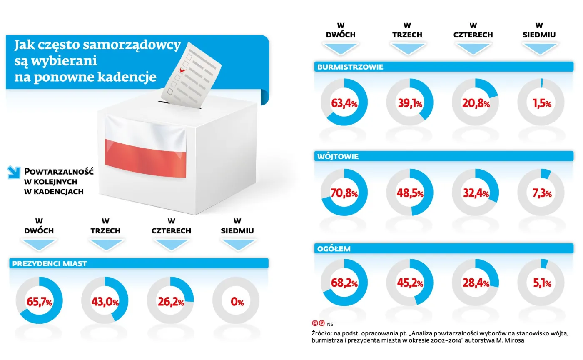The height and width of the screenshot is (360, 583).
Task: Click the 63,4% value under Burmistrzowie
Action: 344,102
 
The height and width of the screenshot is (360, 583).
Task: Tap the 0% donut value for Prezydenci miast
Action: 237,302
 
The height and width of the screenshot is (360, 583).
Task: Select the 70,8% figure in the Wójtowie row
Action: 344,193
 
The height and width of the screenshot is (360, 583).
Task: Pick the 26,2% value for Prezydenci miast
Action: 170,302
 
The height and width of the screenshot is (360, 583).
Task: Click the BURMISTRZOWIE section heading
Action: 350,67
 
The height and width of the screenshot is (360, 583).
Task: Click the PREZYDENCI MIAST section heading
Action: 50,263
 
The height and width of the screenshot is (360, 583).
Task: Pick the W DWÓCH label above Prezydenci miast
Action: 39,226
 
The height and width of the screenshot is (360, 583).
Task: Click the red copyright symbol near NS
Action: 315,323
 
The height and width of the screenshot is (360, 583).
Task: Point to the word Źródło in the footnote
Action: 321,333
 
